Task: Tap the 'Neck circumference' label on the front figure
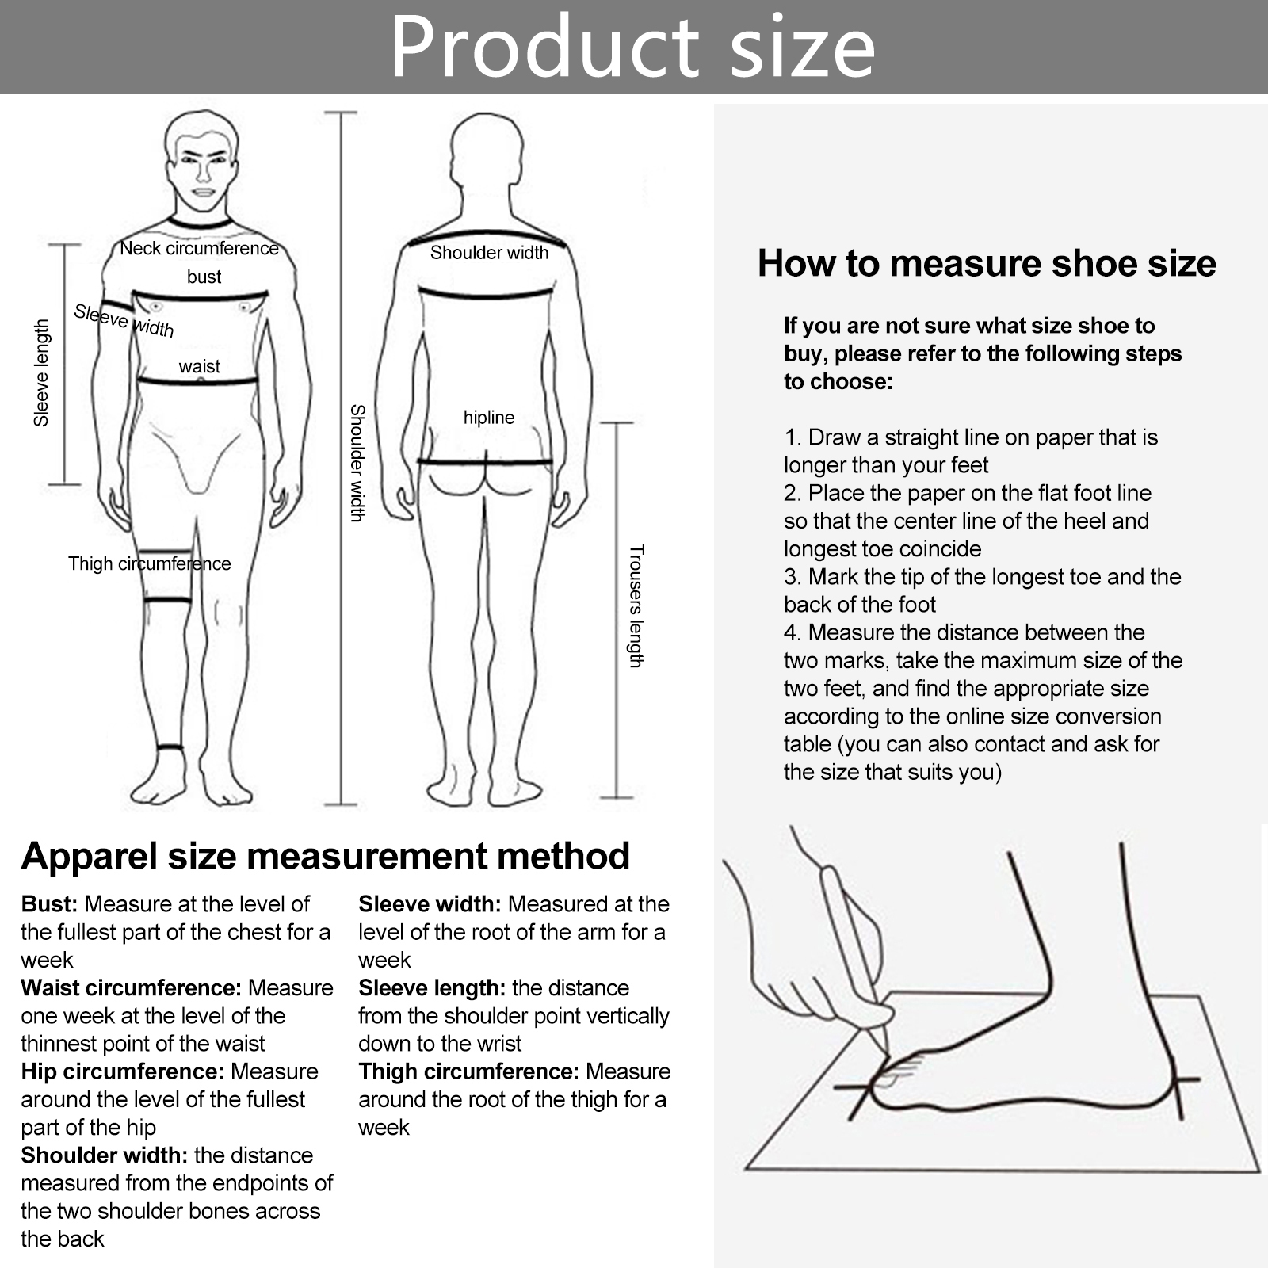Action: pos(199,248)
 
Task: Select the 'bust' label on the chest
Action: pos(204,277)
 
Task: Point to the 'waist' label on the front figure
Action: pos(199,366)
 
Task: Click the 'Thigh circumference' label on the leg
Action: pos(150,563)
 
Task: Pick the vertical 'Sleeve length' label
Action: pos(41,372)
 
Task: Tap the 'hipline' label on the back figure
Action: pos(489,418)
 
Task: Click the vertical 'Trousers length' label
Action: pos(636,606)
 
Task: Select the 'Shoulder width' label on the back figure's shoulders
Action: pos(489,253)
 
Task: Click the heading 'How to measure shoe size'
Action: pos(987,263)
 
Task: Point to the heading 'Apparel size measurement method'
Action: pos(326,856)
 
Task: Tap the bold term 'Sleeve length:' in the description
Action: pos(432,988)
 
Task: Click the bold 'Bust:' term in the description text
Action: pos(50,904)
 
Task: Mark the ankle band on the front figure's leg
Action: pos(170,747)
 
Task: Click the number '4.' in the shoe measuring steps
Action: pos(793,632)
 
